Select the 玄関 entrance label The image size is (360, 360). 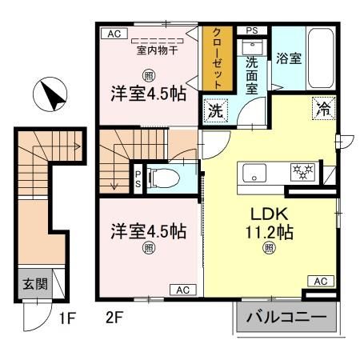(34, 282)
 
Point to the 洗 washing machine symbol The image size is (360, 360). (215, 111)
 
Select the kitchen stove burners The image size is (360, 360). (302, 171)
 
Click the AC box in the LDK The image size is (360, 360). (319, 282)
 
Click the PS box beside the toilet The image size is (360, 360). (138, 177)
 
